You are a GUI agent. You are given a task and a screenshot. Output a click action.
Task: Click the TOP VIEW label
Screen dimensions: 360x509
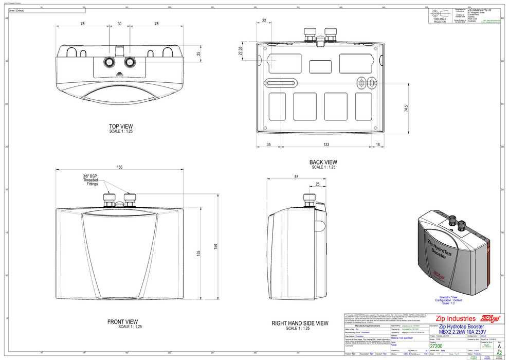tap(121, 126)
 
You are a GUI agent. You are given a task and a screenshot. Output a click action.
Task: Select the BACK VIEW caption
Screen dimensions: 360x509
tap(323, 162)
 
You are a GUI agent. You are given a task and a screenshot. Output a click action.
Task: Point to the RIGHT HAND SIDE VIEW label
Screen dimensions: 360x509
tap(300, 323)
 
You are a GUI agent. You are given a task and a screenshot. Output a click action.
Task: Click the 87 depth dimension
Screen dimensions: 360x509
tap(296, 176)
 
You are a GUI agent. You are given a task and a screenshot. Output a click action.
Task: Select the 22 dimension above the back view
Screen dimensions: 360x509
tap(264, 21)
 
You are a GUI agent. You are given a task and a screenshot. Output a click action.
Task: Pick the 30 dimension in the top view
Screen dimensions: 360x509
tap(119, 24)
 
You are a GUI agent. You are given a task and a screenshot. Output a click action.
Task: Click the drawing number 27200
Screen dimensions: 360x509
tap(435, 347)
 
